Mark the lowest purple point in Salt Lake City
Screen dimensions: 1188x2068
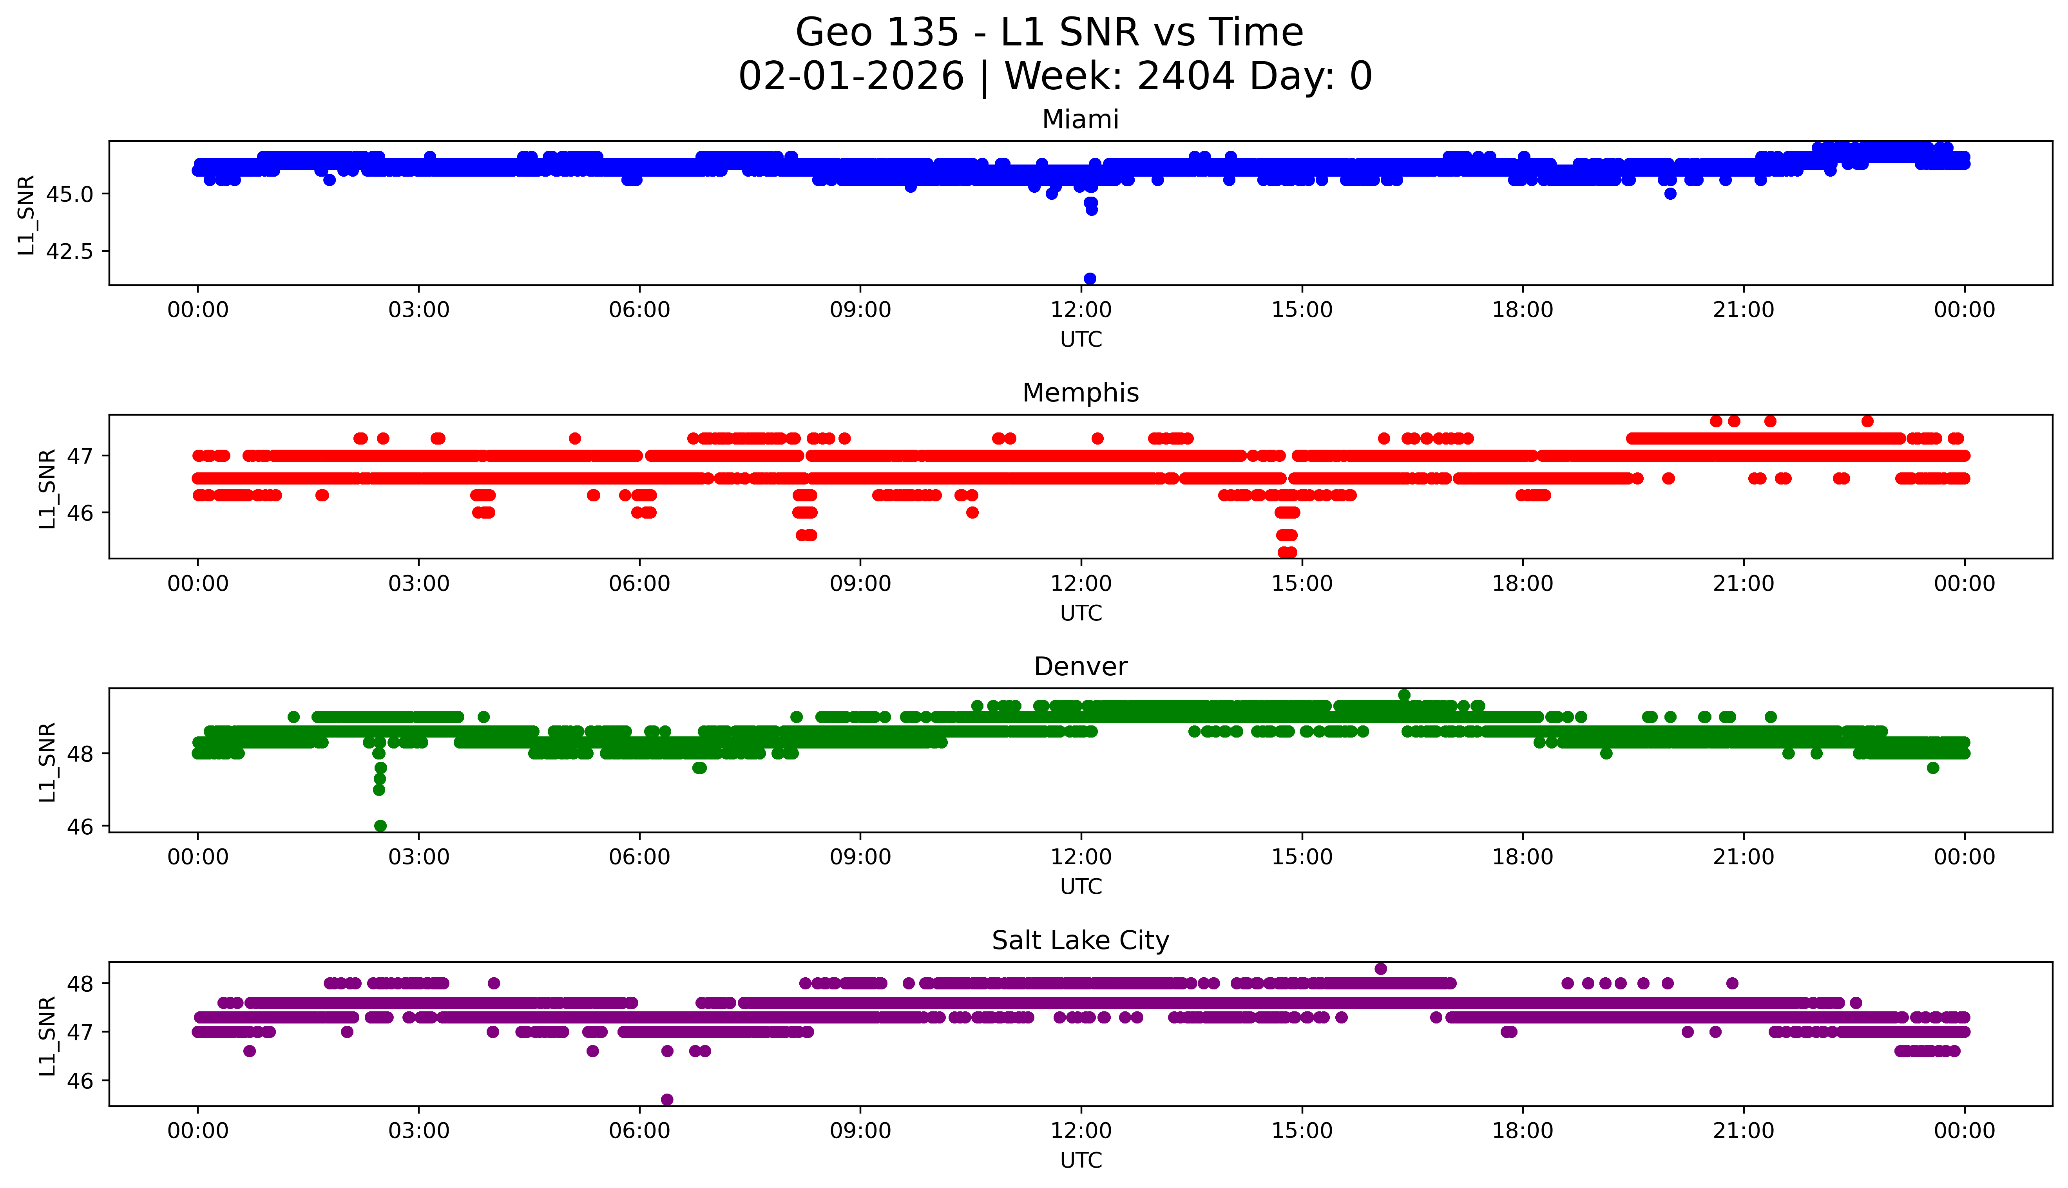[x=667, y=1099]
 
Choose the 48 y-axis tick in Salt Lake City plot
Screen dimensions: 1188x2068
[x=81, y=983]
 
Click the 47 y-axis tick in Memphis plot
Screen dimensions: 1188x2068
[x=81, y=455]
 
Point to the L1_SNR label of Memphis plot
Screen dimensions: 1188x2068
[x=47, y=488]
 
